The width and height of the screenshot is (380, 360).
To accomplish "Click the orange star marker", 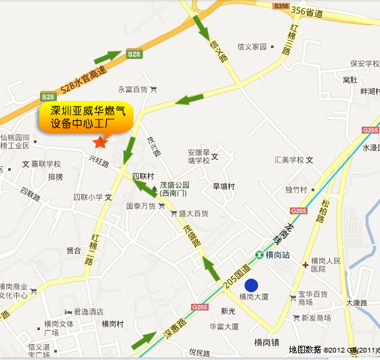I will point(100,141).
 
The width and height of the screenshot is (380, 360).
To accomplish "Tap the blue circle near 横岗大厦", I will point(251,285).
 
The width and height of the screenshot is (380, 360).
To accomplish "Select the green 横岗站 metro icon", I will point(259,255).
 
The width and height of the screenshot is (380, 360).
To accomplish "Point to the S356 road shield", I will point(281,5).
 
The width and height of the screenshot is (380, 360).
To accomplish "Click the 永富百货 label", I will point(133,89).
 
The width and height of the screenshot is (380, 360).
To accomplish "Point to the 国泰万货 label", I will point(141,205).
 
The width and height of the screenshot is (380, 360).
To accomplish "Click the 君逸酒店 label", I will point(87,312).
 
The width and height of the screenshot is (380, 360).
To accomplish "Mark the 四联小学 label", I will point(88,197).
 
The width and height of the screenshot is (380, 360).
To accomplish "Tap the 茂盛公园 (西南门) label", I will point(175,188).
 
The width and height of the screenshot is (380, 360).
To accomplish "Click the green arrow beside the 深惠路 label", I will point(144,341).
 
